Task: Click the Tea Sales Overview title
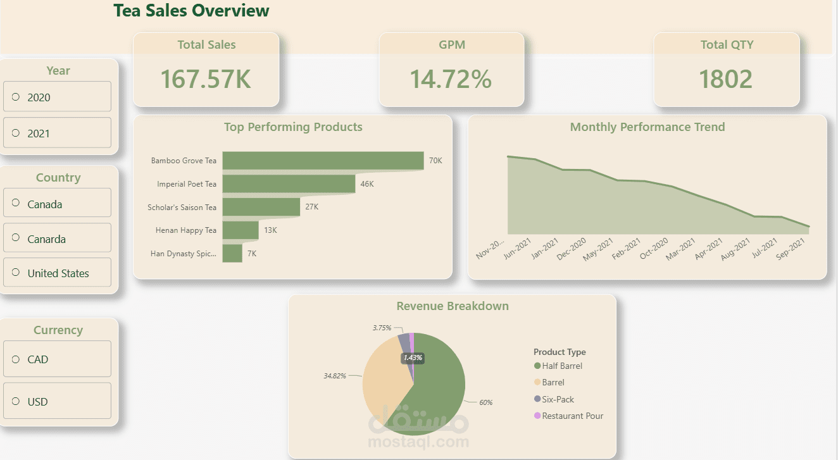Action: click(x=191, y=11)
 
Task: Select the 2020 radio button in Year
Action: click(x=16, y=97)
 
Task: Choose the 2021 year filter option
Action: click(x=16, y=133)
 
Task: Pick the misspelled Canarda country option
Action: click(x=16, y=239)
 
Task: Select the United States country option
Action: click(x=16, y=273)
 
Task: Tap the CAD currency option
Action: click(x=16, y=359)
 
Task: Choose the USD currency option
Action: click(x=16, y=401)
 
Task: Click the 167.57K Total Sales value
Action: click(x=206, y=79)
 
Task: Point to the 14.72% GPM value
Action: click(x=451, y=79)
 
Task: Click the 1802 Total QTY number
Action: click(x=726, y=79)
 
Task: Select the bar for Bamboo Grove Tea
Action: click(x=323, y=160)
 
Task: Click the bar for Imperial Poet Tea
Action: click(x=289, y=183)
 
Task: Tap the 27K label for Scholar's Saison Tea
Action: click(x=312, y=207)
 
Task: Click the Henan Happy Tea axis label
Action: click(x=185, y=230)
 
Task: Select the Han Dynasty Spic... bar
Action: click(x=232, y=253)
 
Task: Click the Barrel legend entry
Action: click(x=553, y=382)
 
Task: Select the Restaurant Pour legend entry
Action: click(x=572, y=416)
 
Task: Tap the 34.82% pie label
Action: click(x=335, y=375)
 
